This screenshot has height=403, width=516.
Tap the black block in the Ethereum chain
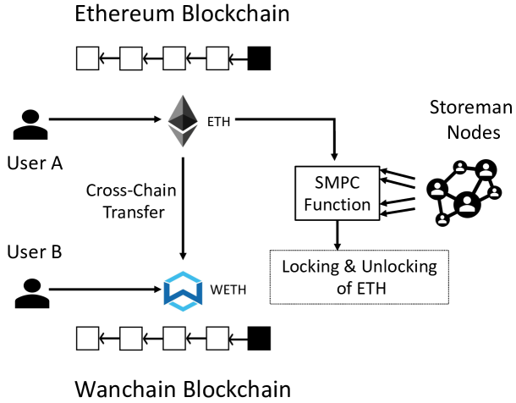259,58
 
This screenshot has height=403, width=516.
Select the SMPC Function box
337,194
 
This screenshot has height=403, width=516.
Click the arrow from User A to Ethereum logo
110,121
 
